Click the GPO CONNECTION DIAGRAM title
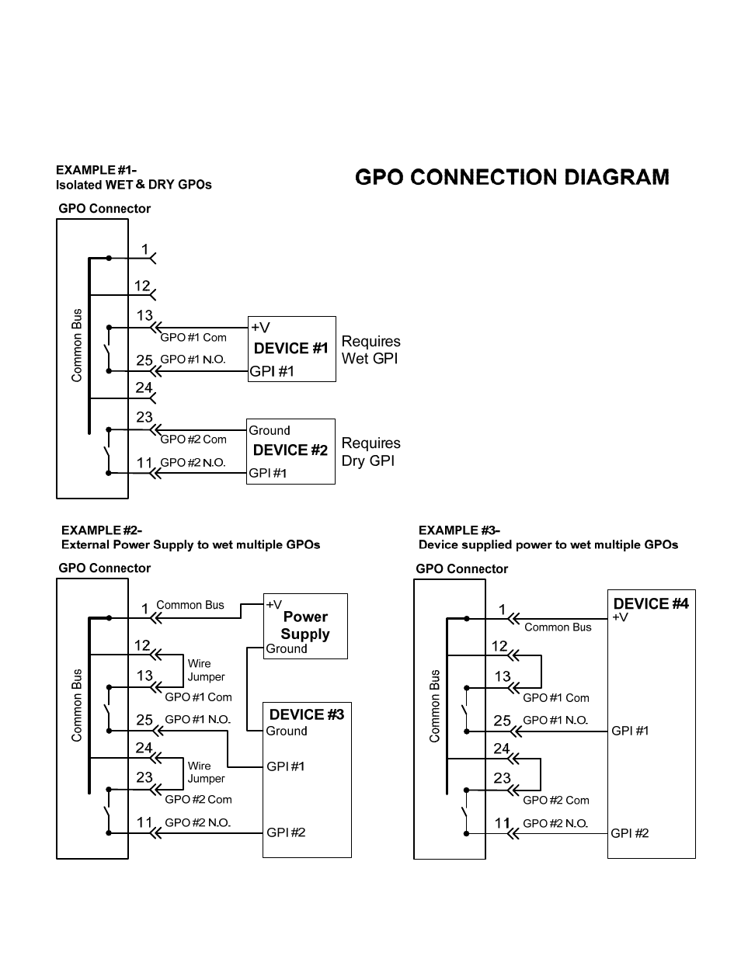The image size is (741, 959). click(x=512, y=178)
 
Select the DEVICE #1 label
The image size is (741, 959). click(x=291, y=349)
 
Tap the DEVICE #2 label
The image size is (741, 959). click(x=290, y=450)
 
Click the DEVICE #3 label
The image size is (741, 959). click(x=306, y=714)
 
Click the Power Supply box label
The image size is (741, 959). click(x=305, y=625)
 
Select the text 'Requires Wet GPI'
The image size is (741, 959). click(x=370, y=349)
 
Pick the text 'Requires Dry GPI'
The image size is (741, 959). click(x=370, y=452)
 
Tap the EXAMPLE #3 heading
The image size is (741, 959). click(x=459, y=530)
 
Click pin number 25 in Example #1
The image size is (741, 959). click(x=144, y=360)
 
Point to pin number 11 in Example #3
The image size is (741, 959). click(x=503, y=823)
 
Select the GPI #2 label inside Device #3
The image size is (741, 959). click(x=286, y=832)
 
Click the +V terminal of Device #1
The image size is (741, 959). click(x=259, y=328)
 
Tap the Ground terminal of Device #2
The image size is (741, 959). click(x=269, y=430)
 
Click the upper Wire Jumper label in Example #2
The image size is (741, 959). click(x=206, y=670)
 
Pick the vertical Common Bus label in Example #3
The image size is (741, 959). click(x=435, y=706)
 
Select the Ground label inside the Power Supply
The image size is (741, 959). click(x=286, y=649)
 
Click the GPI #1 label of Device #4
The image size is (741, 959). click(x=630, y=731)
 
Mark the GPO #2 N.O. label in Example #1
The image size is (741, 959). click(x=193, y=463)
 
